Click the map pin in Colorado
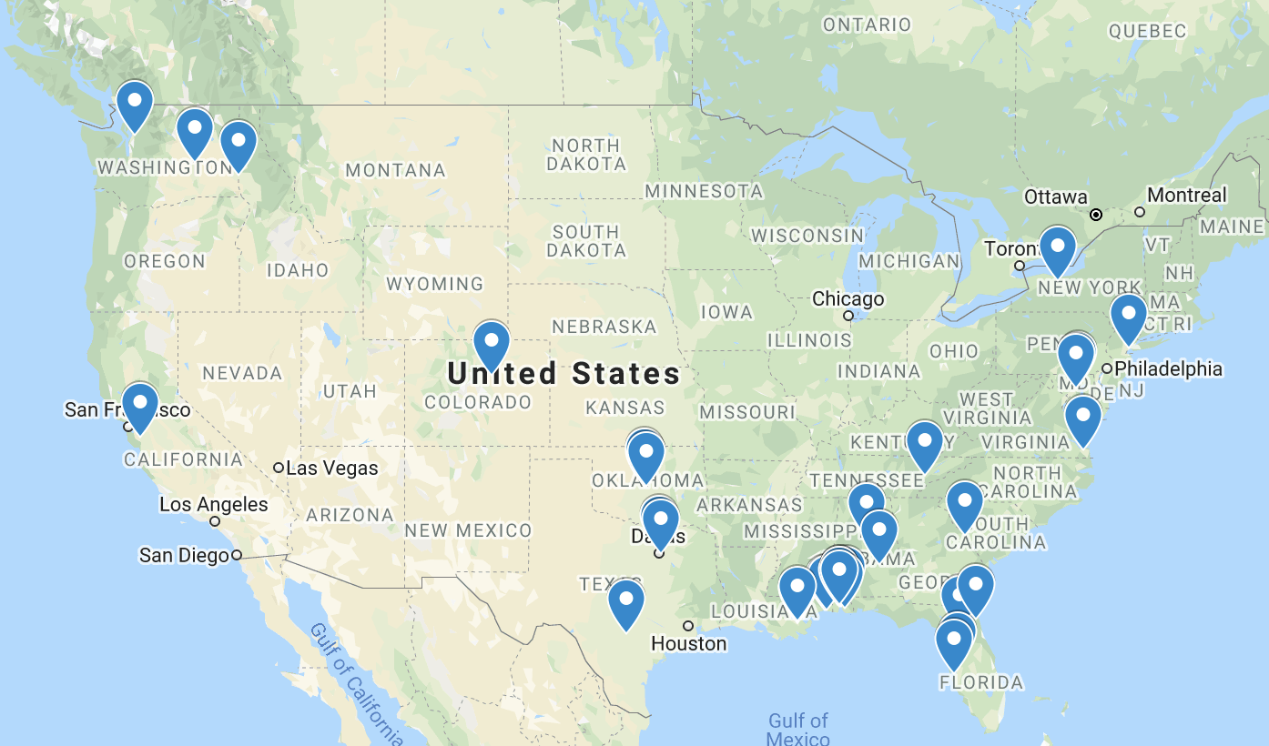pos(492,345)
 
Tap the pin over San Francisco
pos(140,406)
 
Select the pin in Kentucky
pos(924,444)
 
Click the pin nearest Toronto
pos(1057,249)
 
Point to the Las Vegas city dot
pos(279,468)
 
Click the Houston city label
pos(688,644)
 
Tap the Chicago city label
pos(848,298)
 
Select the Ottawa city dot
pos(1096,215)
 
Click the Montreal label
pos(1186,195)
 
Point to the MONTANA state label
pos(395,170)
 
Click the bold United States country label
pos(564,373)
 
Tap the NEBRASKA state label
pos(604,326)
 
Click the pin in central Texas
pos(626,603)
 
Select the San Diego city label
pos(183,555)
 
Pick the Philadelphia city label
pos(1168,368)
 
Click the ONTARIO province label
pos(866,25)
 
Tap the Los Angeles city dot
pos(215,521)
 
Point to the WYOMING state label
pos(434,284)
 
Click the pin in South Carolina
pos(964,504)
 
